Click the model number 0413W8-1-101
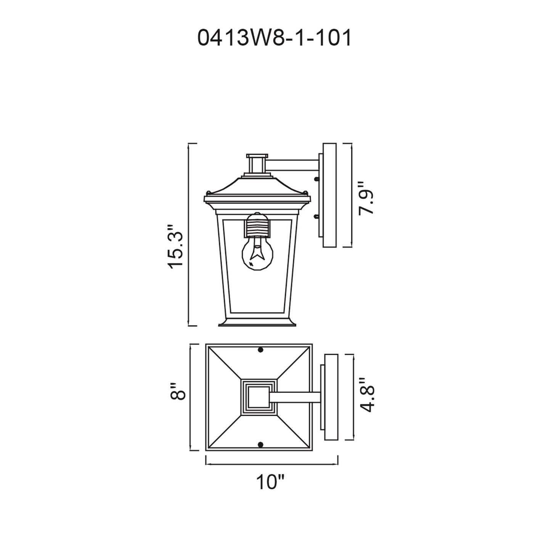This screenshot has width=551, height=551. coord(274,38)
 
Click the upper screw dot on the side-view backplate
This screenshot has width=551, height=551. coord(316,178)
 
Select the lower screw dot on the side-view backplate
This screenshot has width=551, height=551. coord(316,217)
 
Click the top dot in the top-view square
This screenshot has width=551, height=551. coord(261,350)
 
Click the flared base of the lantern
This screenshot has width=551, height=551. coord(257,323)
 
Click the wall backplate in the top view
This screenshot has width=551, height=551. coord(331,397)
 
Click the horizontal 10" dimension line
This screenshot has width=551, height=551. coord(272,464)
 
